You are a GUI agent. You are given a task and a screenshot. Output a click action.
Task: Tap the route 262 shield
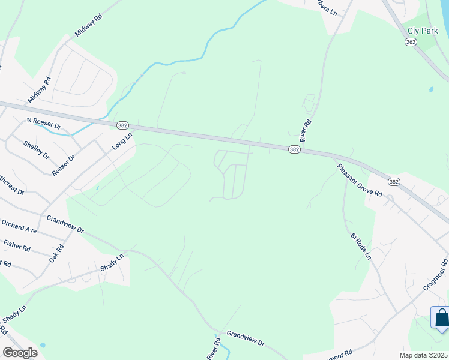pyautogui.click(x=411, y=42)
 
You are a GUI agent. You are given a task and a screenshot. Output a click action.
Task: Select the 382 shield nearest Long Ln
pyautogui.click(x=122, y=125)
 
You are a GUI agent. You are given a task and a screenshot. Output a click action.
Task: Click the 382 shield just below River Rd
pyautogui.click(x=294, y=149)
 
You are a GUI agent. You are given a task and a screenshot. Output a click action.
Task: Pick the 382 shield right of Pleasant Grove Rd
pyautogui.click(x=393, y=181)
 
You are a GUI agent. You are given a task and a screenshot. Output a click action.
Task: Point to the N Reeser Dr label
pyautogui.click(x=44, y=124)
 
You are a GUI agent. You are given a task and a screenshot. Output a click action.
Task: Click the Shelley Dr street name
pyautogui.click(x=36, y=149)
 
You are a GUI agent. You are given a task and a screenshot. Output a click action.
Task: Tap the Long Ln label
pyautogui.click(x=121, y=142)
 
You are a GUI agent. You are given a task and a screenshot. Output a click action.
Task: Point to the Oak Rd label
pyautogui.click(x=56, y=254)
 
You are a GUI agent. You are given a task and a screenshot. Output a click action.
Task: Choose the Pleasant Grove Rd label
pyautogui.click(x=360, y=180)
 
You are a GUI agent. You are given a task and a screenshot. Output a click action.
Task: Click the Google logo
pyautogui.click(x=20, y=352)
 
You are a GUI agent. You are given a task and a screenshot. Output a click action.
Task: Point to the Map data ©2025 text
pyautogui.click(x=424, y=355)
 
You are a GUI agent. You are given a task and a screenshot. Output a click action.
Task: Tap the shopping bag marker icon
pyautogui.click(x=441, y=318)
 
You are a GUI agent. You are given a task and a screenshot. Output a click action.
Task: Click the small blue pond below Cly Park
pyautogui.click(x=431, y=89)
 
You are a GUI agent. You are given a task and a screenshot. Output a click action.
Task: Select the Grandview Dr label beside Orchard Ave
pyautogui.click(x=65, y=224)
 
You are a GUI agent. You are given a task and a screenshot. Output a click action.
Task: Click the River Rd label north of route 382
pyautogui.click(x=307, y=131)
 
